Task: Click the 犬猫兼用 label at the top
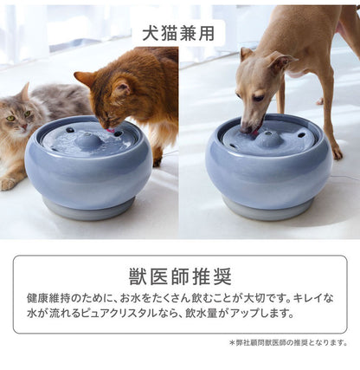[180, 33]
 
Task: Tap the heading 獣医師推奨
[180, 277]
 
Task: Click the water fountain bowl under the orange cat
[89, 165]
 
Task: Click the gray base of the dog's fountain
[268, 209]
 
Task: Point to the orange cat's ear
[85, 79]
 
